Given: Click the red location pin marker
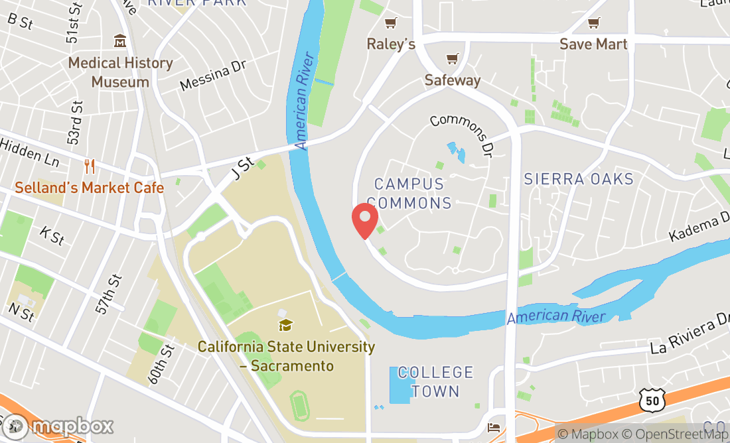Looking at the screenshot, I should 364,221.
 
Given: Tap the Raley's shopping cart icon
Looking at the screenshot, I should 391,23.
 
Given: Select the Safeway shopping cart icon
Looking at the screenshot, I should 452,59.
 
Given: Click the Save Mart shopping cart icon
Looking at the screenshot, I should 593,23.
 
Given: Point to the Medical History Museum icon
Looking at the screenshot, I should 120,41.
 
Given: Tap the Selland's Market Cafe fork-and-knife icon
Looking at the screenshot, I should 90,166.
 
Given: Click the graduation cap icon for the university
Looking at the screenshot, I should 286,325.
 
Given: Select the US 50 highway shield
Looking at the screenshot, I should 651,400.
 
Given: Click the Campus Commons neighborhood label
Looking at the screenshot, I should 409,193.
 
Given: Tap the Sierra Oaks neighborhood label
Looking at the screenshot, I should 579,179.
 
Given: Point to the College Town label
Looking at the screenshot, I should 435,381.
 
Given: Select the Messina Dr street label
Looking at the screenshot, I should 213,76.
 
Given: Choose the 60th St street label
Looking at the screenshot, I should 160,363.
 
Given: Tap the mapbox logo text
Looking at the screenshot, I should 72,426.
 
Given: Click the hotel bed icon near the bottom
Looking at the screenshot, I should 494,426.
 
